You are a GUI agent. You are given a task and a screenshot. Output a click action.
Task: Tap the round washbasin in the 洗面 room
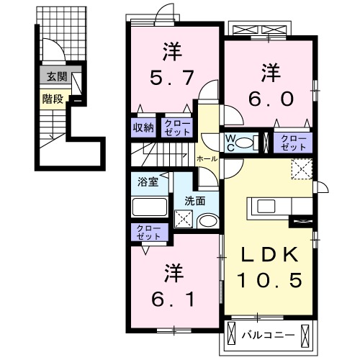coord(208,222)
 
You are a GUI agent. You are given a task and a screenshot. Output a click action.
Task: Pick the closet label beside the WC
coord(292,141)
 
